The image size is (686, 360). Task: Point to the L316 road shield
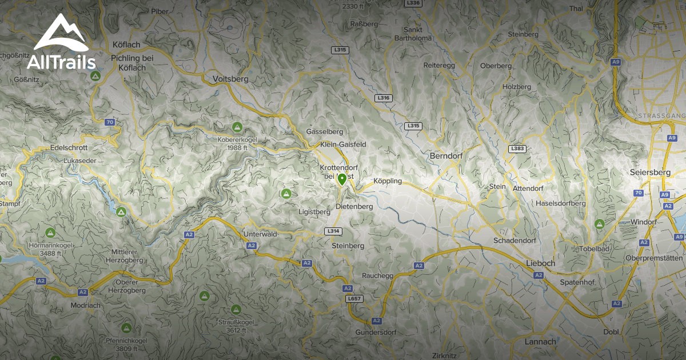pyautogui.click(x=384, y=98)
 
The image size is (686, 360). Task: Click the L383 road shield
pyautogui.click(x=517, y=149)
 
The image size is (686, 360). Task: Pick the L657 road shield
pyautogui.click(x=354, y=298)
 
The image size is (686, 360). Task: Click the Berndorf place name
pyautogui.click(x=446, y=156)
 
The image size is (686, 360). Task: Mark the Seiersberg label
pyautogui.click(x=651, y=172)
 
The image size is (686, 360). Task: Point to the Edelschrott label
pyautogui.click(x=69, y=147)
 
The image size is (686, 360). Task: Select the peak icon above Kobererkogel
pyautogui.click(x=237, y=126)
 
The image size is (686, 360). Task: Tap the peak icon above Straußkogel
pyautogui.click(x=204, y=295)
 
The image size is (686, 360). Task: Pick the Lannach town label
pyautogui.click(x=540, y=342)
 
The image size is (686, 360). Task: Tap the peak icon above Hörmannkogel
pyautogui.click(x=50, y=233)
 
